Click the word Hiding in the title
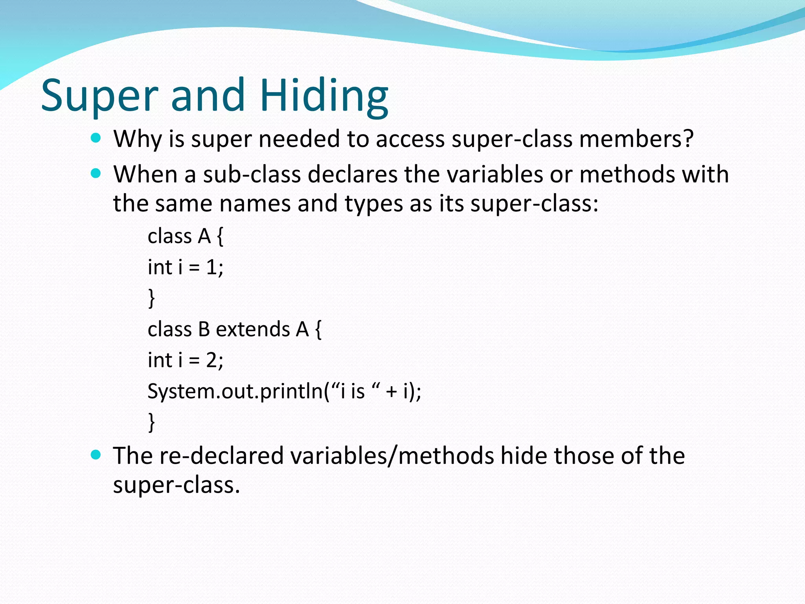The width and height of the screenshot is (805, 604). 324,96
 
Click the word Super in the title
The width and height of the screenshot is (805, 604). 99,96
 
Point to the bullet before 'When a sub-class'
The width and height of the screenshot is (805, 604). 96,173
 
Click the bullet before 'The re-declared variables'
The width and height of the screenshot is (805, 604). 96,455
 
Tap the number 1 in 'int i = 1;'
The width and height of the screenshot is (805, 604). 211,267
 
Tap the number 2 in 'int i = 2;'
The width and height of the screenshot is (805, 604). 211,360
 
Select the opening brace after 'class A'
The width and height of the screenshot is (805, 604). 220,237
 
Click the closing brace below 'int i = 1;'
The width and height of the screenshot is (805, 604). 151,298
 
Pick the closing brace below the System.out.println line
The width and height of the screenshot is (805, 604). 151,422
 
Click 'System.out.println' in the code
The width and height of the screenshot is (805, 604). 235,391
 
